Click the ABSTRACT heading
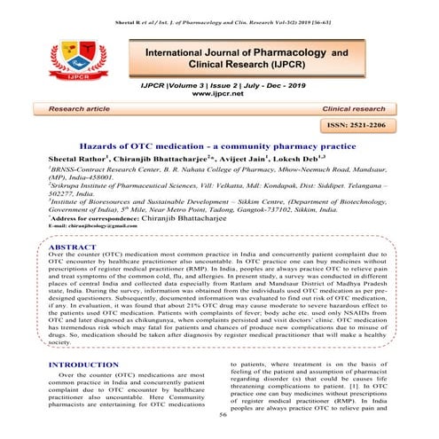point(74,248)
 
